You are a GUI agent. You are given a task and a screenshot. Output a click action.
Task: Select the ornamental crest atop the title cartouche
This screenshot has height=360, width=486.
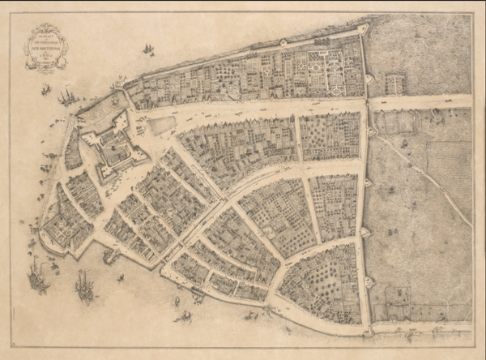46,27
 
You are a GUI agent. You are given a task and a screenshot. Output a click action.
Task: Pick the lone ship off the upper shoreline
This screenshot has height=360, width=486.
148,49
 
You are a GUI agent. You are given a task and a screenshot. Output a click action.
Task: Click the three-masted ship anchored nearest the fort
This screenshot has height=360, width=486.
67,96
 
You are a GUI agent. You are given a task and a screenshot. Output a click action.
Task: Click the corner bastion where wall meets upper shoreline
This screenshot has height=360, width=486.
362,29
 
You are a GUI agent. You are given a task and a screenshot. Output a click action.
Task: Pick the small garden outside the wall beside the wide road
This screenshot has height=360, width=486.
394,84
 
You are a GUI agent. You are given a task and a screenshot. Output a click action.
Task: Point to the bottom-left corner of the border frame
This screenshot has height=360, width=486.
11,347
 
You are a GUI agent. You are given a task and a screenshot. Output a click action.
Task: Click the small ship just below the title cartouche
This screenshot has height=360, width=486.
46,88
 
